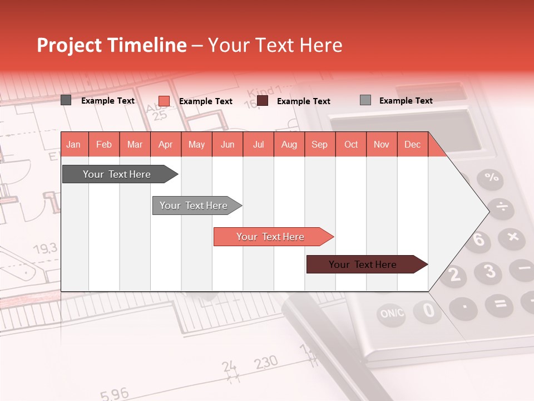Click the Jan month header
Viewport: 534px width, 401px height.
73,144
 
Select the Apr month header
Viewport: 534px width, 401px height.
165,144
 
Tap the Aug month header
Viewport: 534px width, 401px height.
289,144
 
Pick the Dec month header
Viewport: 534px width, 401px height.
412,144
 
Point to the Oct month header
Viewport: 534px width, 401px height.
350,144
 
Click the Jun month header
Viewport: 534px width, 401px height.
227,144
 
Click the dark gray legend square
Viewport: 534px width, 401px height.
66,100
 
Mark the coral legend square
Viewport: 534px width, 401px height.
164,101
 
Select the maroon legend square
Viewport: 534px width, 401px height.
263,101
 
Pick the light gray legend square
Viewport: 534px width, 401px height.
365,100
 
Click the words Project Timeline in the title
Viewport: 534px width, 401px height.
111,45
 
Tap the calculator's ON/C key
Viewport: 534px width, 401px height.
392,314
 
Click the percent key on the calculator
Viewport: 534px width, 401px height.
491,178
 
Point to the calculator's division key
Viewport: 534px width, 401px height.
502,207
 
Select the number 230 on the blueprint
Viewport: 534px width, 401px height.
266,363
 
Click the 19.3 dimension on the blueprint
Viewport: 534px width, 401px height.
45,248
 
